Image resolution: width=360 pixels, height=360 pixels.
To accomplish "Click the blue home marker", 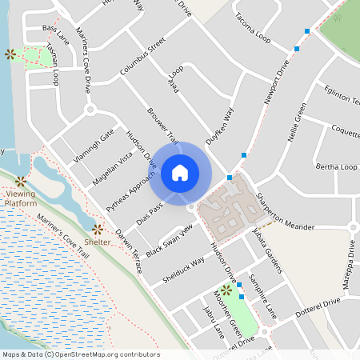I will [x=180, y=173].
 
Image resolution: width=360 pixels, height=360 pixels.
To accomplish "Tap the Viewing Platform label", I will [x=21, y=198].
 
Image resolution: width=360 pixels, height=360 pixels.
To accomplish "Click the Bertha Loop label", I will [x=337, y=167].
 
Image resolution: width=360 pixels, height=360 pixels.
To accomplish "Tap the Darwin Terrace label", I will [x=129, y=251].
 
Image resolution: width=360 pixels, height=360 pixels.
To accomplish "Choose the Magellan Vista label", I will [x=112, y=168].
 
